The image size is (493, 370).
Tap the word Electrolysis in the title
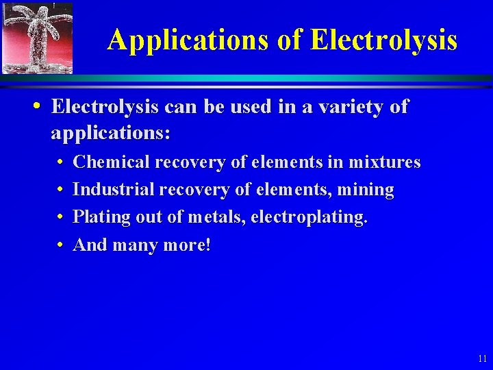pos(383,40)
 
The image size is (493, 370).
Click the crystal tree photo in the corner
pos(38,38)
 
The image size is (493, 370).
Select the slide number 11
pos(482,358)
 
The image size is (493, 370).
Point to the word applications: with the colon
pos(110,133)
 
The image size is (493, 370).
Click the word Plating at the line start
pos(96,217)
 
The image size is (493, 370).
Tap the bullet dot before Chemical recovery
pos(61,163)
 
